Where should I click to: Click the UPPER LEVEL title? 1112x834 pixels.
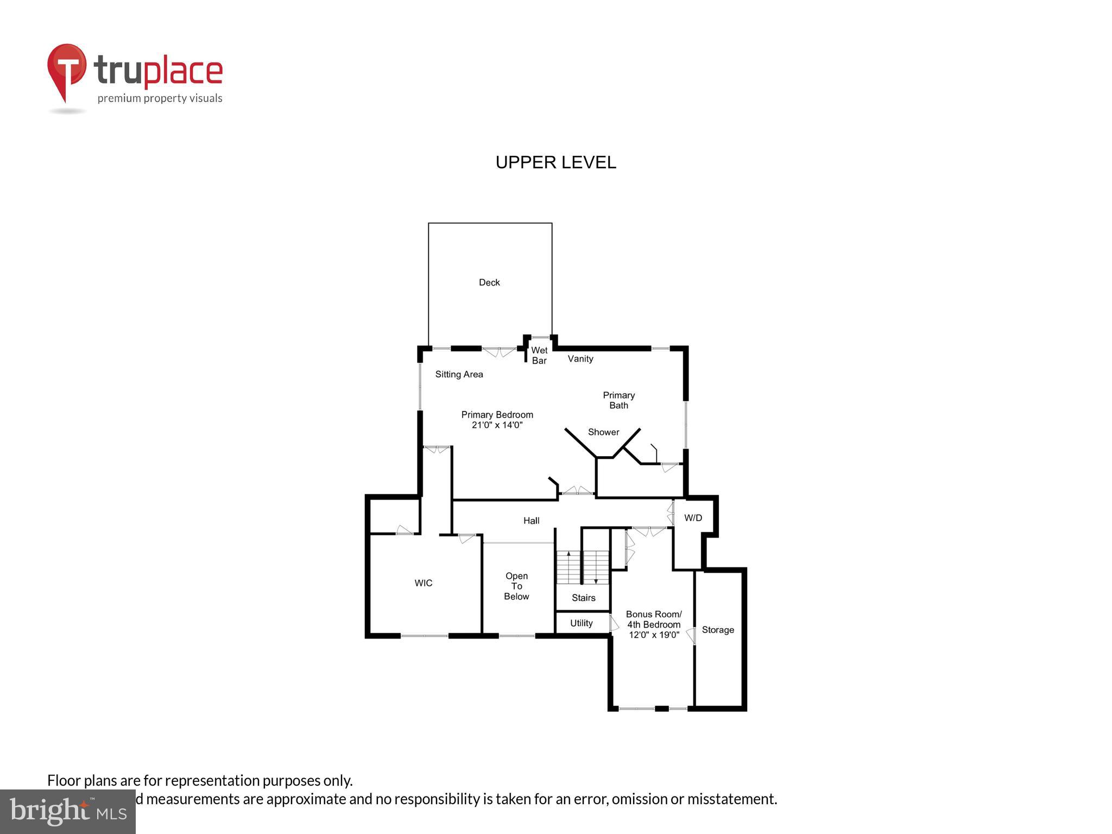555,162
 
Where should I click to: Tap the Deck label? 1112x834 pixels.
489,282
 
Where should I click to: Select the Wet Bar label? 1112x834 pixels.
539,355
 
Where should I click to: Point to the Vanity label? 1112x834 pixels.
580,359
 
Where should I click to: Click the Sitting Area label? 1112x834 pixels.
459,374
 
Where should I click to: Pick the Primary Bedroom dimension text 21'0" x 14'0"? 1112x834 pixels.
497,425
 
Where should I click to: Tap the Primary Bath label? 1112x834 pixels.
618,400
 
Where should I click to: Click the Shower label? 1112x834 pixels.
603,432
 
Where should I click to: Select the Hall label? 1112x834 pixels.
531,521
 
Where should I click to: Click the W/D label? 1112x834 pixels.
693,518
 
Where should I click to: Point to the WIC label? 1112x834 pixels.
423,583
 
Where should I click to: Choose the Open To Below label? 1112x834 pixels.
516,586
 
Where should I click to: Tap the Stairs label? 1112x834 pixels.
583,598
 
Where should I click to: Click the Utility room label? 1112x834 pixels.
581,623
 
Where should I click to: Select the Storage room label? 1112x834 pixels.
718,630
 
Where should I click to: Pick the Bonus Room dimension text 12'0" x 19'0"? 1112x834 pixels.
654,635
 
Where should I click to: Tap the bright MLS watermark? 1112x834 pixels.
67,811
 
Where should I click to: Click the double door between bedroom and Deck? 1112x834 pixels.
499,351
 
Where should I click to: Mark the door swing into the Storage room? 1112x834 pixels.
691,636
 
